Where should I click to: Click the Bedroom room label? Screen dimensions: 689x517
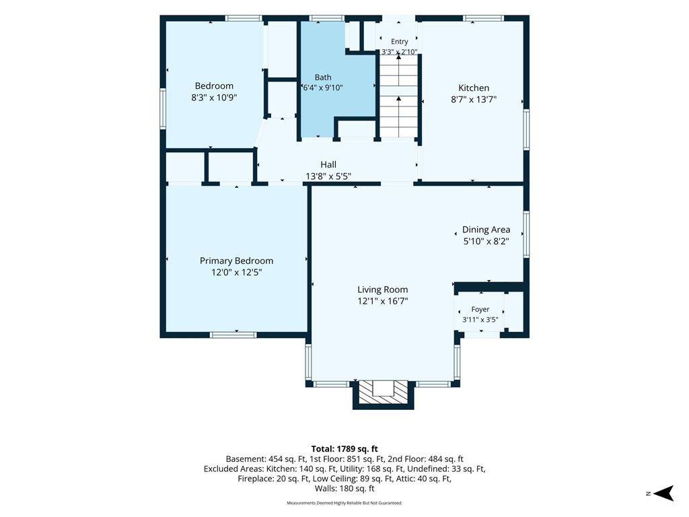[214, 85]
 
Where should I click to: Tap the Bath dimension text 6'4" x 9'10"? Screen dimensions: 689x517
[323, 88]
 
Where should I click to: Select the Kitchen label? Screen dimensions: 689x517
[474, 88]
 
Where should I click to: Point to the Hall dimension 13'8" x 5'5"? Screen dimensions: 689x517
[328, 176]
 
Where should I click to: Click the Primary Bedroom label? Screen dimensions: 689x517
[236, 261]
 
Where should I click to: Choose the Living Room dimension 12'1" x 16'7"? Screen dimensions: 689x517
[383, 301]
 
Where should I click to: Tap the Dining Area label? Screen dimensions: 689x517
[486, 230]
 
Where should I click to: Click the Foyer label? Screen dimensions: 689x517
[480, 310]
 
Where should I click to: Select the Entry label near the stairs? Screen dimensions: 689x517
[400, 41]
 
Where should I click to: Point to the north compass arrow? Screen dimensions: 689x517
[663, 493]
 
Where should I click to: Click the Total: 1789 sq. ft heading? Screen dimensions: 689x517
[344, 449]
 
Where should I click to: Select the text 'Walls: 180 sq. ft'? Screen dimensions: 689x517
[344, 489]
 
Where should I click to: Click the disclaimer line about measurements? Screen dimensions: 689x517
[344, 503]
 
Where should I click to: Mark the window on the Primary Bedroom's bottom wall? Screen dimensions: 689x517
[233, 335]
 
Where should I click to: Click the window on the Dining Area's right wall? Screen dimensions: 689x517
[526, 234]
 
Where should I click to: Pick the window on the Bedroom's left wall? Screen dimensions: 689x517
[163, 108]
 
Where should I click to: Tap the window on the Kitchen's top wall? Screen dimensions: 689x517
[483, 18]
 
